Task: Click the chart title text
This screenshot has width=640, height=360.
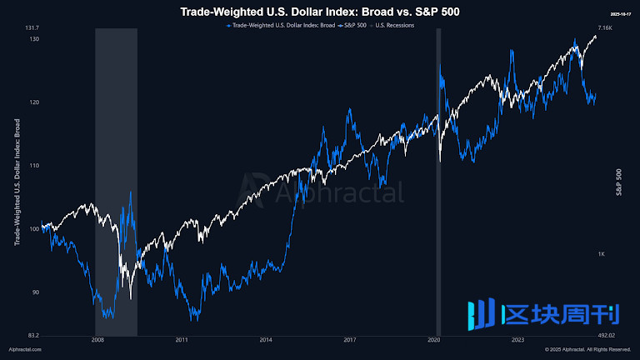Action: pyautogui.click(x=320, y=12)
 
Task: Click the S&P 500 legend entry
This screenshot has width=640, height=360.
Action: pyautogui.click(x=356, y=25)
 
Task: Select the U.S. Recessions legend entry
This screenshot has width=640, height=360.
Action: pyautogui.click(x=396, y=25)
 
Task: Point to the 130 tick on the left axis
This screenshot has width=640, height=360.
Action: pyautogui.click(x=34, y=39)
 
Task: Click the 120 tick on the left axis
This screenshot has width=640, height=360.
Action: pyautogui.click(x=34, y=102)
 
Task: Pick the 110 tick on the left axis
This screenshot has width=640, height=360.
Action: pyautogui.click(x=34, y=166)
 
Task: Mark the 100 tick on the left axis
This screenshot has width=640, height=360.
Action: pyautogui.click(x=34, y=229)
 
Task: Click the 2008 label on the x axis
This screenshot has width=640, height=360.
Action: pyautogui.click(x=97, y=340)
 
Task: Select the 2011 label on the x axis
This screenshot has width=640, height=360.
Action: pyautogui.click(x=182, y=340)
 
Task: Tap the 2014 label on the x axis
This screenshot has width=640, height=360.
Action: pyautogui.click(x=266, y=340)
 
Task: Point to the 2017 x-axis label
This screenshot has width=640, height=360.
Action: pyautogui.click(x=350, y=340)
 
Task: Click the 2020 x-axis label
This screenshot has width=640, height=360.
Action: pyautogui.click(x=434, y=340)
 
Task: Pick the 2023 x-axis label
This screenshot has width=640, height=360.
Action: pyautogui.click(x=517, y=340)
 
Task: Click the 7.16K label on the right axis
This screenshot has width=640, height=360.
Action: pyautogui.click(x=606, y=28)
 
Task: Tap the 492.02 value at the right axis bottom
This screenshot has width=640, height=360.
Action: pyautogui.click(x=607, y=335)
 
